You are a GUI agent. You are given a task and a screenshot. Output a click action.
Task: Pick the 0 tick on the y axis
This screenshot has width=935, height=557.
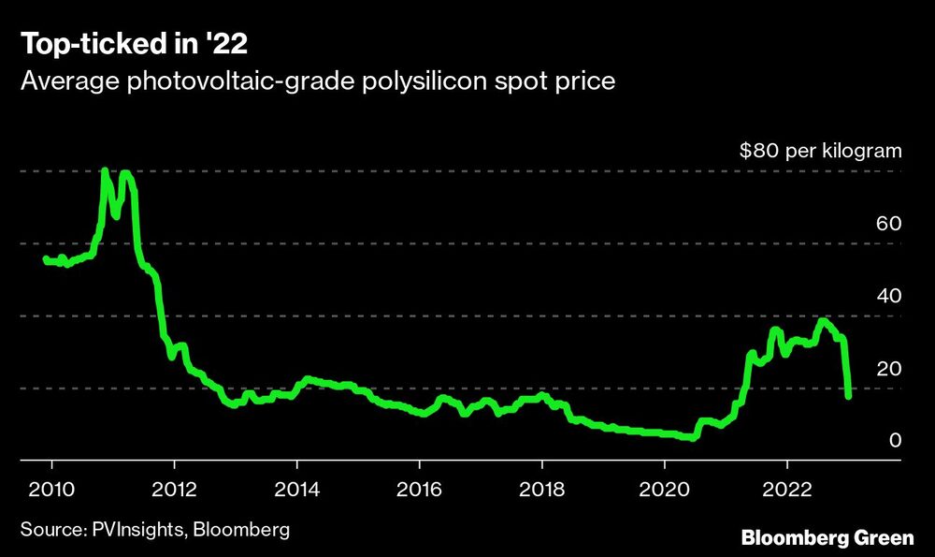point(894,441)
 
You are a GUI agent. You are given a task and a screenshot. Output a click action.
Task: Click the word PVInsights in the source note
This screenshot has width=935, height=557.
point(143,530)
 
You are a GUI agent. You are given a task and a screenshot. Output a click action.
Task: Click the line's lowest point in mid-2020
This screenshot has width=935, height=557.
point(692,437)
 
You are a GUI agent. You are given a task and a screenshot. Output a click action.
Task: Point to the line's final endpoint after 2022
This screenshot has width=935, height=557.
point(848,396)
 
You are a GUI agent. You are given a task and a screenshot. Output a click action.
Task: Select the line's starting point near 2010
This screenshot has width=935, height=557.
point(46,259)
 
